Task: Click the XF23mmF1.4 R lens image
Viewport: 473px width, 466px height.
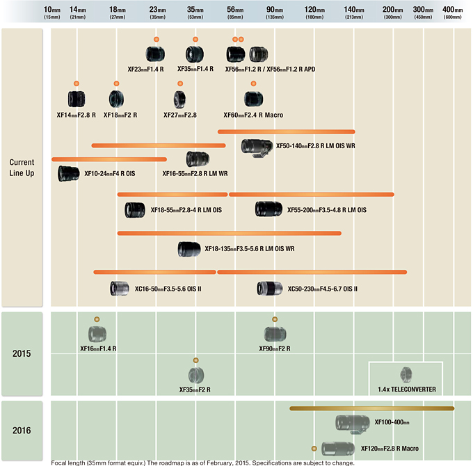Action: [155, 54]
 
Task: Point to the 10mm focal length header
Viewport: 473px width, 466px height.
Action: [52, 12]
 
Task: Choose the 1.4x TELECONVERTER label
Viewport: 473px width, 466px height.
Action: [407, 389]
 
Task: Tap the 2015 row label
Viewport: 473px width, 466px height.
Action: [22, 353]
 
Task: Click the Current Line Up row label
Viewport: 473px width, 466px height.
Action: [22, 168]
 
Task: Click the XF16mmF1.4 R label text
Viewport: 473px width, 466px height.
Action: [98, 348]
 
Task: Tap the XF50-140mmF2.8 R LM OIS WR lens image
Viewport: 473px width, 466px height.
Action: [257, 146]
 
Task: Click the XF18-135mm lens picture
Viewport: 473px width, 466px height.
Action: [189, 248]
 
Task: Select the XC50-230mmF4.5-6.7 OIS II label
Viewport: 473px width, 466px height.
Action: [322, 289]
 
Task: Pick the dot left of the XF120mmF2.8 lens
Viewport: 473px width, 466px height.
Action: [314, 449]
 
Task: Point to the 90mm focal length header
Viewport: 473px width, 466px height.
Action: [274, 12]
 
